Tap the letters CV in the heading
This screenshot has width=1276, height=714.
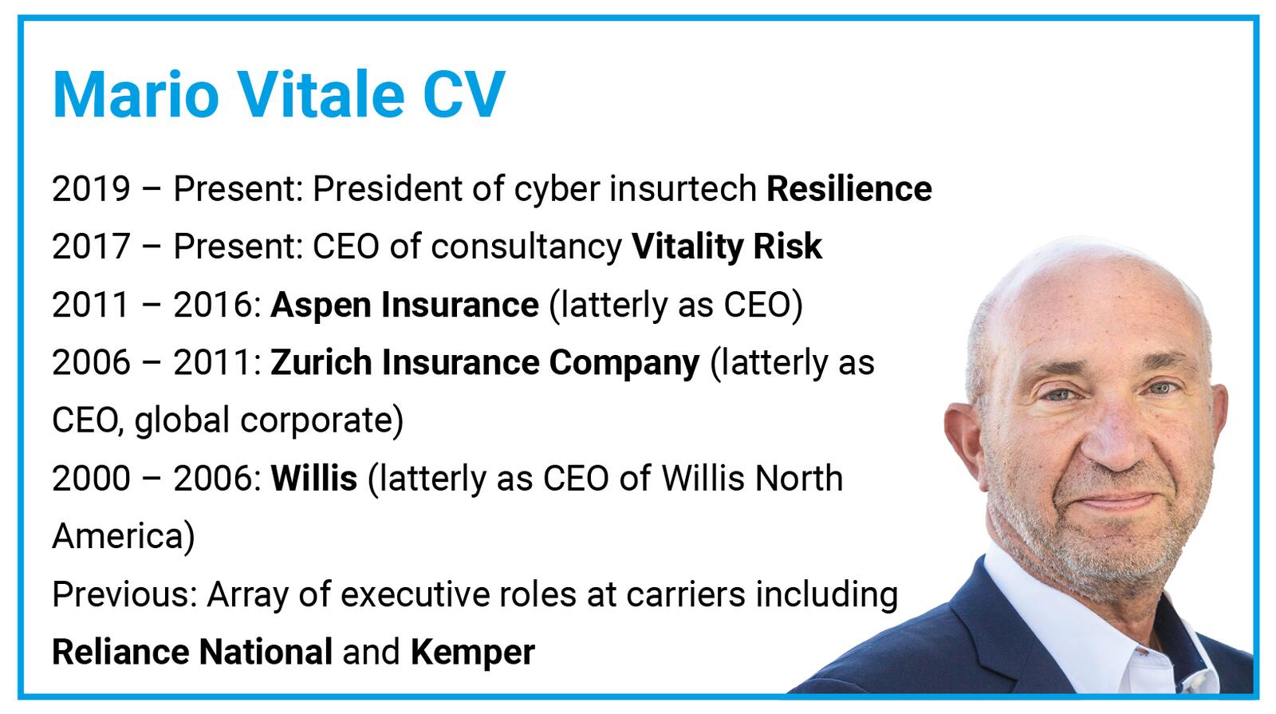click(x=463, y=95)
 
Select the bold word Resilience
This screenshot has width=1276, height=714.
click(x=849, y=188)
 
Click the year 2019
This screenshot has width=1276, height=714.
click(x=91, y=189)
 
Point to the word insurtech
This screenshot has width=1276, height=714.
click(x=683, y=188)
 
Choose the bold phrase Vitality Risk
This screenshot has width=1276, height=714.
click(x=727, y=247)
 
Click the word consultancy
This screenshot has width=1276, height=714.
click(x=526, y=247)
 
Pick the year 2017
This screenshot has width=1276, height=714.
click(x=91, y=247)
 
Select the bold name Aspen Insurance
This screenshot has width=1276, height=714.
click(x=404, y=304)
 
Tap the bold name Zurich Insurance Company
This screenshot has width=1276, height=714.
click(x=485, y=362)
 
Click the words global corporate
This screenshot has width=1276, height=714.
click(x=264, y=420)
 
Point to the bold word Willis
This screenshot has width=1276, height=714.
click(x=314, y=478)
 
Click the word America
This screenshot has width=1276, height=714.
click(x=117, y=535)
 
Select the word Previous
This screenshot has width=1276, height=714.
click(x=120, y=594)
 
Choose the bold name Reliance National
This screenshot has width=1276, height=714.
click(x=192, y=652)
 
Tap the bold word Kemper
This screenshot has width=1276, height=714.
click(x=473, y=653)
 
